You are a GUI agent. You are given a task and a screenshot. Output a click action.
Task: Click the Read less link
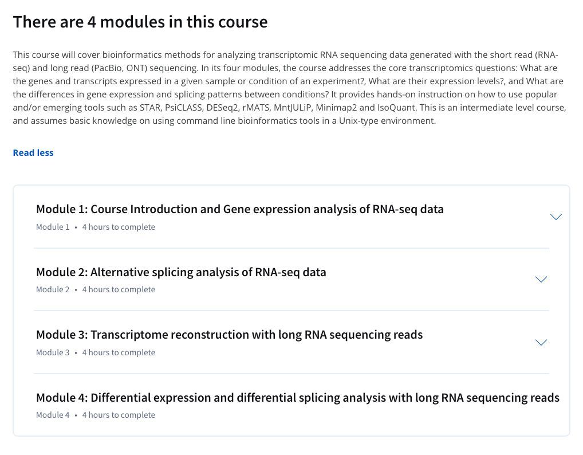coord(33,153)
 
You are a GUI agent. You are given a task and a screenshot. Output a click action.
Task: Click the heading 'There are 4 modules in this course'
coord(140,22)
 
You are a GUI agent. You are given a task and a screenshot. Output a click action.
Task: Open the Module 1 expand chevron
coord(556,217)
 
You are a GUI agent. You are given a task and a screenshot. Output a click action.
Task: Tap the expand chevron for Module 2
coord(541,280)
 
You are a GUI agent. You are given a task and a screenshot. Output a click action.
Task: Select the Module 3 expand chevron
coord(541,343)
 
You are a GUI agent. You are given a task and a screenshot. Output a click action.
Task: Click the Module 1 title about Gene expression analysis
coord(239,209)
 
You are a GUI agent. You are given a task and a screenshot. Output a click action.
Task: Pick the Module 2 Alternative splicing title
coord(181,272)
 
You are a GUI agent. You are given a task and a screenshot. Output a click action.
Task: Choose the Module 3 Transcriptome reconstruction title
coord(229,335)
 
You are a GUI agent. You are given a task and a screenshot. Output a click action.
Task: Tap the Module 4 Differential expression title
coord(297,398)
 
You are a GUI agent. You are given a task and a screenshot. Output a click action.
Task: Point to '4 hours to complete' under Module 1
coord(119,227)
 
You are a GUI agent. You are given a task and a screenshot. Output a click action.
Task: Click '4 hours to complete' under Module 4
coord(119,415)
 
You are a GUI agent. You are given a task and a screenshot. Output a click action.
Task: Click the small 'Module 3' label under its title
coord(53,352)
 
